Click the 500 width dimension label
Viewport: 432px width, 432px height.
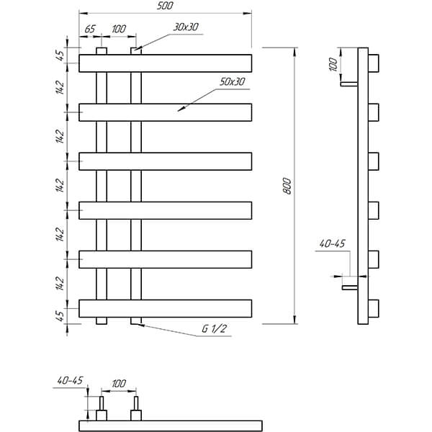tap(165, 6)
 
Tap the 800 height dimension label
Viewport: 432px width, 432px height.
tap(287, 186)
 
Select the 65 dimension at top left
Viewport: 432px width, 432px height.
tap(90, 29)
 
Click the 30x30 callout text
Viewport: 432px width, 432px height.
tap(186, 27)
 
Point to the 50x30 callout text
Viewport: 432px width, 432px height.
tap(233, 82)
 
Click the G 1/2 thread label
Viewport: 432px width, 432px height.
tap(214, 328)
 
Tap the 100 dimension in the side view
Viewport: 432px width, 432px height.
tap(333, 65)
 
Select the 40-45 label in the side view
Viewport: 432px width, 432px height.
tap(332, 243)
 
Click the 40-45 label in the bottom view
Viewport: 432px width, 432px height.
tap(70, 380)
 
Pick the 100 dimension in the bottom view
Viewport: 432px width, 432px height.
tap(119, 383)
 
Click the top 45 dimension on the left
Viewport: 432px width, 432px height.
tap(60, 55)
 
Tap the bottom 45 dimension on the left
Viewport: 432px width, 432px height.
tap(60, 316)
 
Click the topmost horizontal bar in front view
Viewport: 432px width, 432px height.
tap(166, 63)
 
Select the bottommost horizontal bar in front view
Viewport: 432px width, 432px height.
tap(166, 309)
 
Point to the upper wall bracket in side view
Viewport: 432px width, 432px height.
tap(349, 84)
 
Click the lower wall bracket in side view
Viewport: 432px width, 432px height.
tap(350, 287)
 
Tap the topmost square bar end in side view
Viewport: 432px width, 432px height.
tap(374, 63)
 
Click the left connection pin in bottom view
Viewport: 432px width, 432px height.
tap(102, 403)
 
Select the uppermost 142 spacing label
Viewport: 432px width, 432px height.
tap(60, 88)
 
